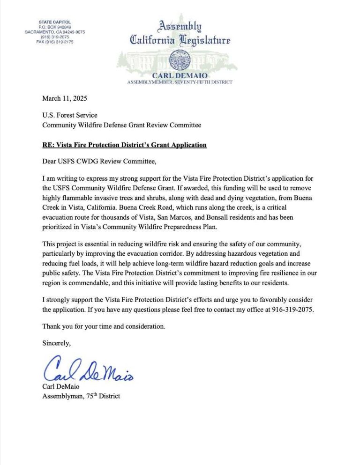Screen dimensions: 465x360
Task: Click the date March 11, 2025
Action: point(64,98)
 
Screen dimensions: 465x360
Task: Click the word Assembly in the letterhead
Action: point(180,26)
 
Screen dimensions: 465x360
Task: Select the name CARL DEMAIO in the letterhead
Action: point(180,76)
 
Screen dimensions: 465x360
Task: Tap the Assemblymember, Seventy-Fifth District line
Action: point(180,82)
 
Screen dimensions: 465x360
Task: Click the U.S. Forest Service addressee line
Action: point(70,115)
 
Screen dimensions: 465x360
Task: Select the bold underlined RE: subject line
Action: point(124,145)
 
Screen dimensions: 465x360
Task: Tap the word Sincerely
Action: point(57,343)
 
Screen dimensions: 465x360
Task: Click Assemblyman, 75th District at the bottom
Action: point(81,396)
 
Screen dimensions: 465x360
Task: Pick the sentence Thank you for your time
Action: point(104,326)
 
